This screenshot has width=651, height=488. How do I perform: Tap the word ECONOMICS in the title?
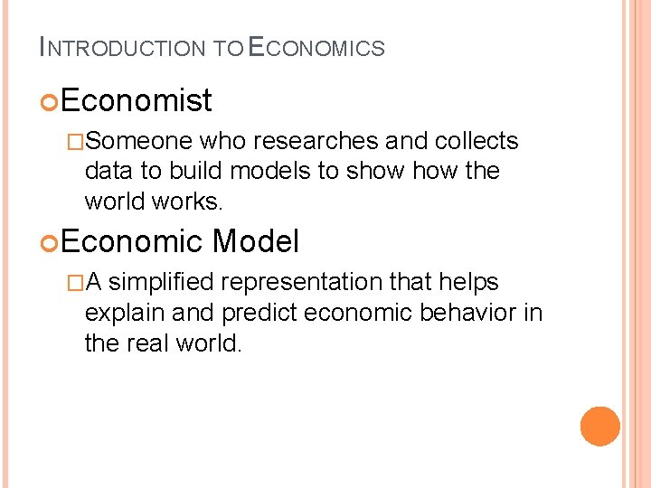[316, 47]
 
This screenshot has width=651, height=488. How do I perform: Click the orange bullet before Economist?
[50, 101]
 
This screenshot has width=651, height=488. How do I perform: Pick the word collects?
[476, 141]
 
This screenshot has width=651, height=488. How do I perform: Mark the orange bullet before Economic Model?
[50, 242]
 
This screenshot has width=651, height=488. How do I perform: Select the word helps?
[467, 282]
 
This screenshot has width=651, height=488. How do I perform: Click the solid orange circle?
[600, 427]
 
